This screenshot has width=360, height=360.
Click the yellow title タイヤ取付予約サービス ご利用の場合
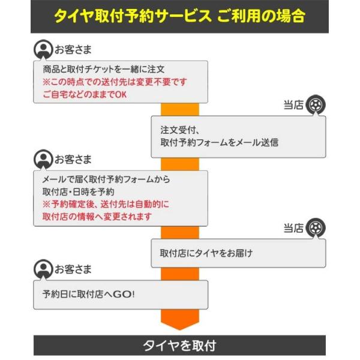coord(179,16)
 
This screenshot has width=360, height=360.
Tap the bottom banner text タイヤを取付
coord(179,346)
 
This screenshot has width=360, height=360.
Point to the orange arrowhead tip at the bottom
coord(180,329)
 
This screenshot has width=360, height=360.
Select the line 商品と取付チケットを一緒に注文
coord(104,69)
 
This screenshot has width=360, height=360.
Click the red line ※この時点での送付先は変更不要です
coord(115,82)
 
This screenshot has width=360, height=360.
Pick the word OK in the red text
coord(121,94)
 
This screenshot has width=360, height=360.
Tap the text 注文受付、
coord(180,130)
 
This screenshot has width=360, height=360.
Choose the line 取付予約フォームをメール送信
coord(219,142)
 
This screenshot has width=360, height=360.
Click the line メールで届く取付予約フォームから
coord(106,179)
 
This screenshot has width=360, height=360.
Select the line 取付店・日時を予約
coord(78,192)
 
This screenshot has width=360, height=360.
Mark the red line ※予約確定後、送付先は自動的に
coord(106,204)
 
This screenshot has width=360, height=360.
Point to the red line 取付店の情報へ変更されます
coord(97,217)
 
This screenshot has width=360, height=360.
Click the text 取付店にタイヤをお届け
coord(206,253)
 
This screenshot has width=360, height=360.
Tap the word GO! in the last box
coord(124,294)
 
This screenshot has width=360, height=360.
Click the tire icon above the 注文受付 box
coord(316,104)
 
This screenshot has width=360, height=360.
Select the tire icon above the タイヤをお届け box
coord(316,228)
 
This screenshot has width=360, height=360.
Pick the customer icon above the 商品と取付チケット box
coord(43,49)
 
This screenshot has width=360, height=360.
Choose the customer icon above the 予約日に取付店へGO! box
coord(43,269)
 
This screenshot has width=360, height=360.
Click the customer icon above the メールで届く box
coord(43,160)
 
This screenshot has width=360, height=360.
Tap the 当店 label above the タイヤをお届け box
coord(293,228)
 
